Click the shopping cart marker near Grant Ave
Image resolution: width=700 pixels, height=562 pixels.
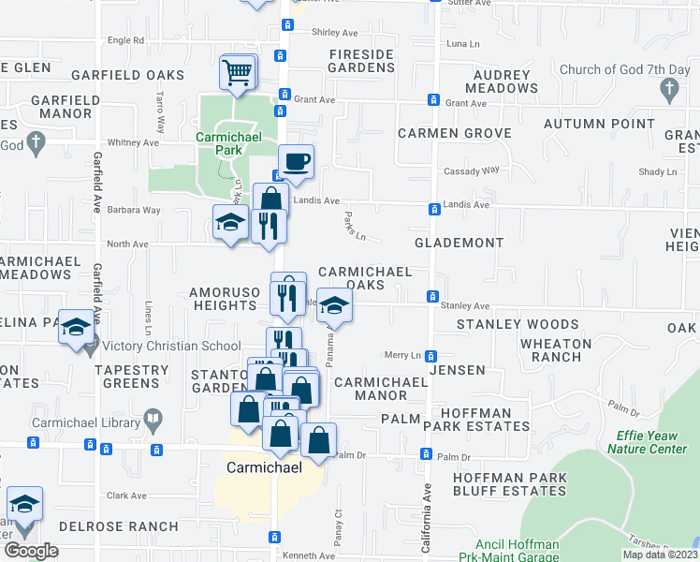[238, 72]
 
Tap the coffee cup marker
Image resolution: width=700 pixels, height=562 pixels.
[296, 161]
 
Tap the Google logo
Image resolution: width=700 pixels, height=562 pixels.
[31, 551]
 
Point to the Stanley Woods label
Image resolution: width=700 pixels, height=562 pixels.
[518, 324]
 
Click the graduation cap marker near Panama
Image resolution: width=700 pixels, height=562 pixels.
[333, 305]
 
